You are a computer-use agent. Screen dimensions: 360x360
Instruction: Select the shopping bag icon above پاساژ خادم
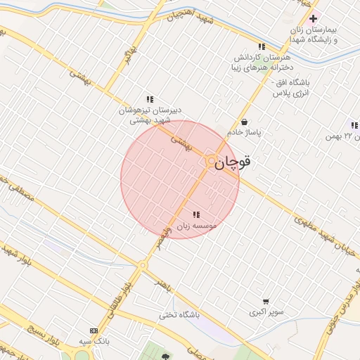coord(244,122)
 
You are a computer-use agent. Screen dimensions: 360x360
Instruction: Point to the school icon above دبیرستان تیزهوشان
coord(149,99)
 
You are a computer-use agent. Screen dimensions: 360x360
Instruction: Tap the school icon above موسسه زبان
coord(195,214)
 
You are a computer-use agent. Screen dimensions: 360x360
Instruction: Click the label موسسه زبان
coord(195,226)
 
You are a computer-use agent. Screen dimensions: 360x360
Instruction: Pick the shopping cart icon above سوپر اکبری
coord(265,301)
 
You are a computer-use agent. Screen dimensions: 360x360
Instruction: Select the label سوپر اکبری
coord(265,311)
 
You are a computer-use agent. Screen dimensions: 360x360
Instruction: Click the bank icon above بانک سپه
coord(94,330)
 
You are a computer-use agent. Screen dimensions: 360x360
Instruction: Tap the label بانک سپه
coord(94,341)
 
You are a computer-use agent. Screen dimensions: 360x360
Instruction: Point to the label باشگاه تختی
coord(179,314)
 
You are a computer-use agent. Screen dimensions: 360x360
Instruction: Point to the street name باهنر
coord(162,283)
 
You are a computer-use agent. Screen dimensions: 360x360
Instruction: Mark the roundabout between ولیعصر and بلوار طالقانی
coord(143,265)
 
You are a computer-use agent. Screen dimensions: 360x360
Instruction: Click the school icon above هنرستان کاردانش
coord(262,46)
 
